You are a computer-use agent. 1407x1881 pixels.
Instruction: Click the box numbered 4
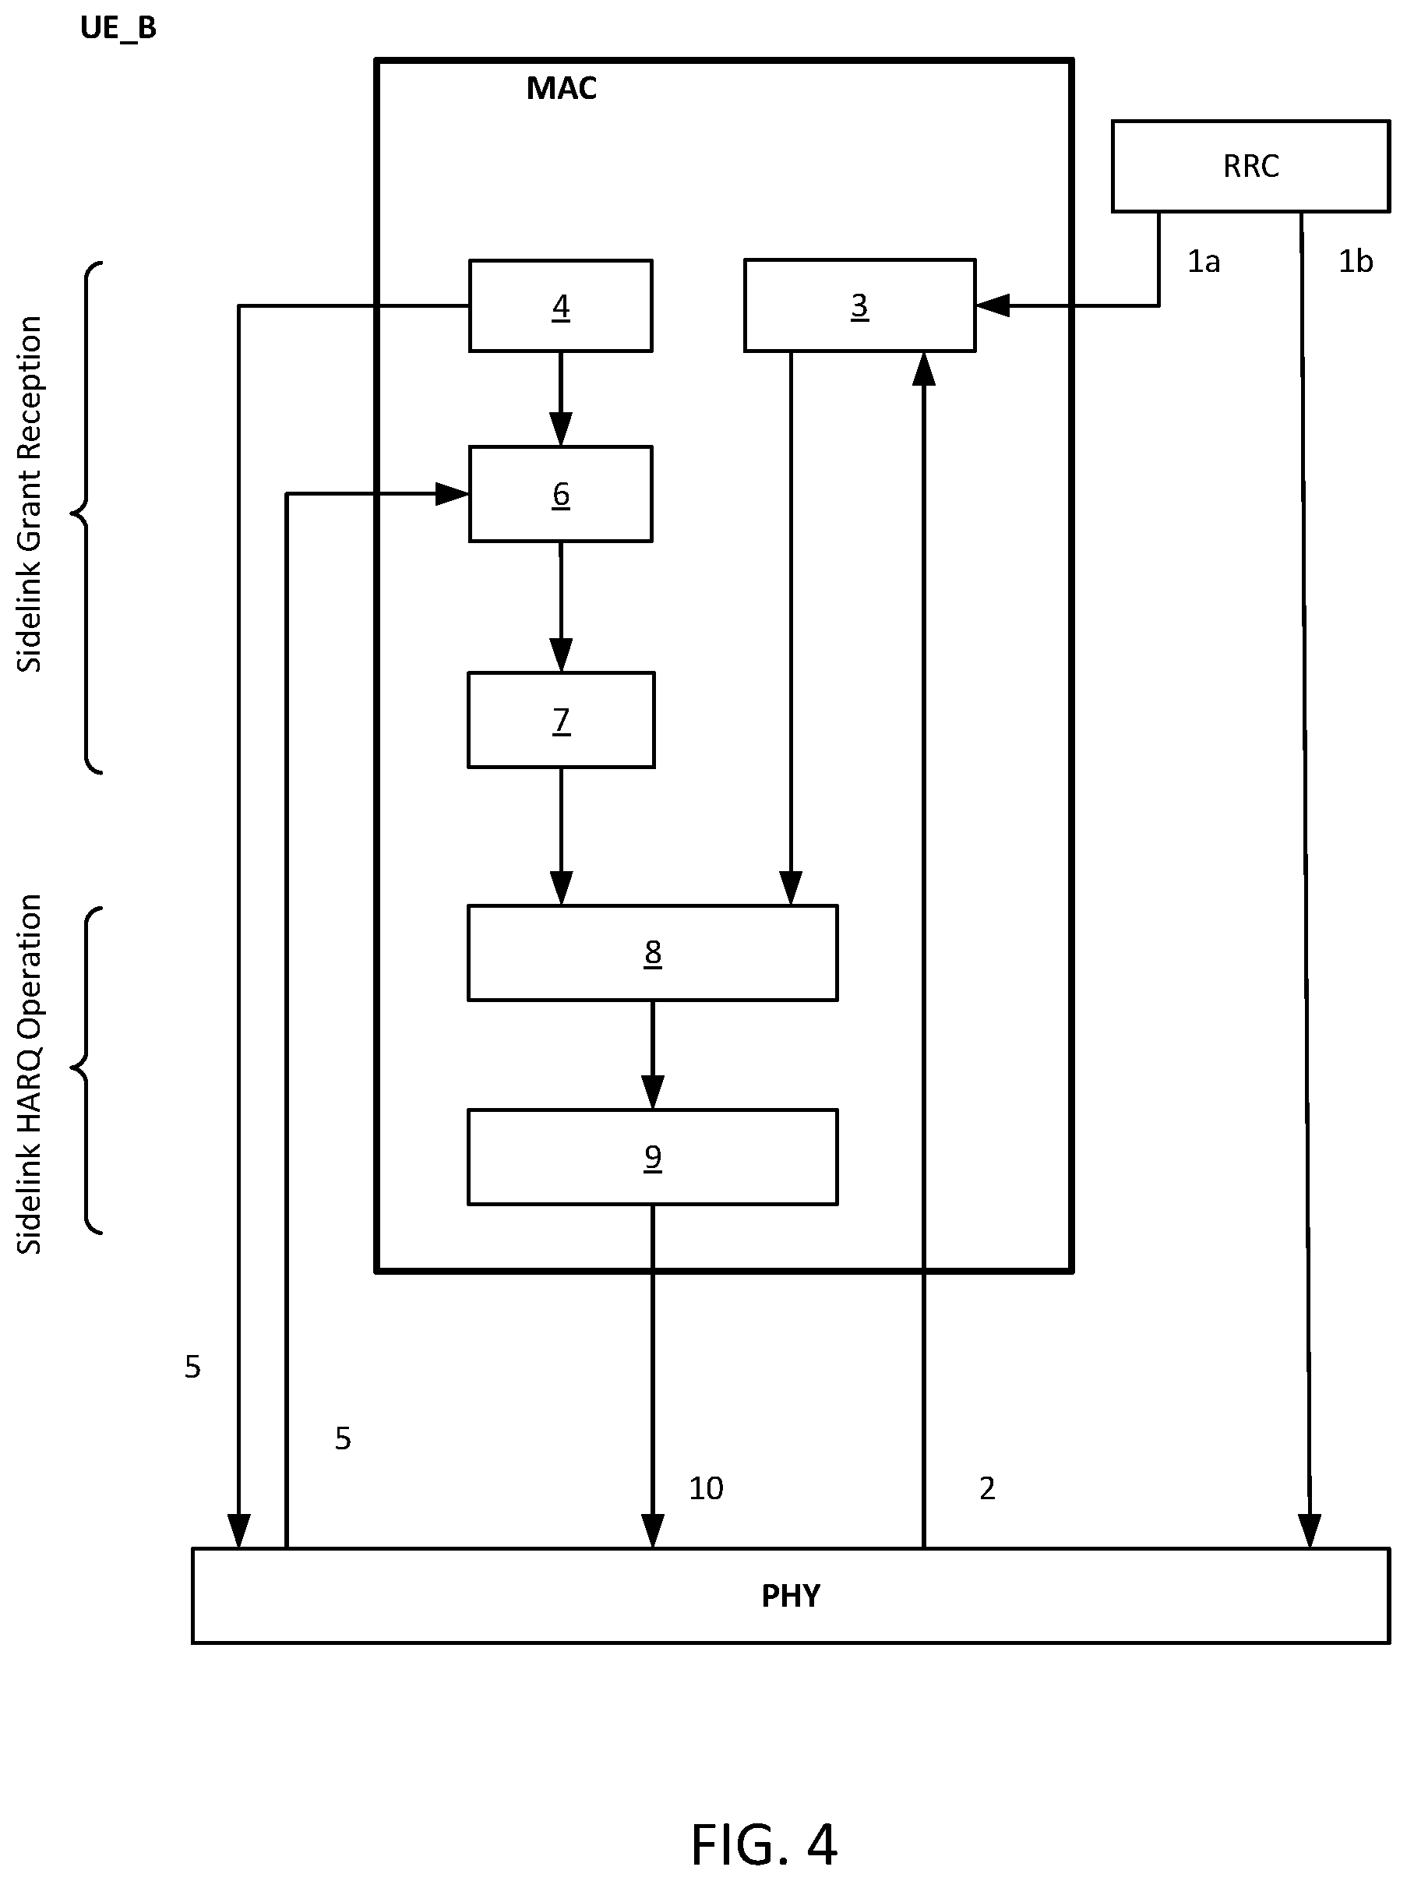pos(560,305)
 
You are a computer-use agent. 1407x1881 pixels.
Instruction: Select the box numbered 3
pos(859,305)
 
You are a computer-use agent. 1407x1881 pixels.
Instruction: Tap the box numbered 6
pos(560,493)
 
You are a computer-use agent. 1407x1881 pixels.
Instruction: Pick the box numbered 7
pos(561,720)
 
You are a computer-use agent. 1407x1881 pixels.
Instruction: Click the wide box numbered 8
pos(652,952)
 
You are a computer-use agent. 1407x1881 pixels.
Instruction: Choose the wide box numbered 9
pos(652,1156)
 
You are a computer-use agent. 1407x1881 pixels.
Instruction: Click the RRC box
pos(1250,166)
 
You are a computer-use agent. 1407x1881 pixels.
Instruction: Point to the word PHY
pos(791,1596)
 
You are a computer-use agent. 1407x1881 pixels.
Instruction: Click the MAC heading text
pos(561,87)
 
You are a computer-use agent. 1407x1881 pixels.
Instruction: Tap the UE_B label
pos(118,28)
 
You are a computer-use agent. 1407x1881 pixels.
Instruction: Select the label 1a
pos(1203,261)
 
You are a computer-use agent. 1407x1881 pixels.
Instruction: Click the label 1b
pos(1355,261)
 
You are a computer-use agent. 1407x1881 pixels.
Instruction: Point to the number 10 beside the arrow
pos(706,1488)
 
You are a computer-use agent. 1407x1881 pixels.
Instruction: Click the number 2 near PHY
pos(987,1488)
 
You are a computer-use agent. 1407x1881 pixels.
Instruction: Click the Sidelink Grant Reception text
pos(29,494)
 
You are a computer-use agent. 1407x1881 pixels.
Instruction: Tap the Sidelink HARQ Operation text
pos(29,1074)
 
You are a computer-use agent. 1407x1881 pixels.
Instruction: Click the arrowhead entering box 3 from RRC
pos(992,305)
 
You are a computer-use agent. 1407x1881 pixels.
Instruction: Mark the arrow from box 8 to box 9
pos(652,1055)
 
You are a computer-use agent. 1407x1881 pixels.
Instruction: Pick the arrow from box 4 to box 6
pos(560,399)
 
